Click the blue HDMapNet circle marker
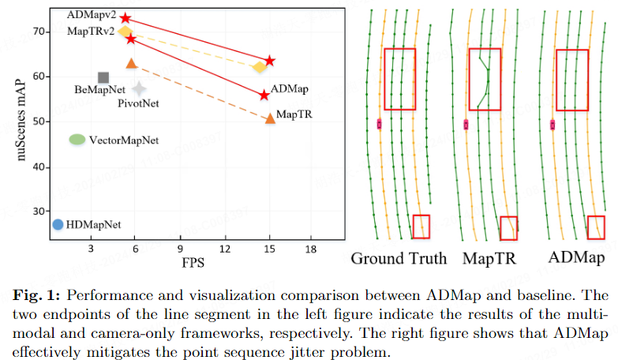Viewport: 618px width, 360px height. click(x=57, y=224)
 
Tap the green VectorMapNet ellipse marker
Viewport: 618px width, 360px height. click(x=77, y=140)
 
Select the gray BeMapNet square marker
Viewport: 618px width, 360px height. click(x=103, y=77)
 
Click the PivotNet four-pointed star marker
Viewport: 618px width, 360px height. click(x=139, y=88)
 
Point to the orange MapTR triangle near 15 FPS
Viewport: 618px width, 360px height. click(x=270, y=118)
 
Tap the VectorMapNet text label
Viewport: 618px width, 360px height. click(x=124, y=140)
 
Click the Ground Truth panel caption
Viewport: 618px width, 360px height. click(x=399, y=258)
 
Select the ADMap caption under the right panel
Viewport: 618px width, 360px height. click(x=577, y=258)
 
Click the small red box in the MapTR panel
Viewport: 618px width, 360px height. click(x=509, y=227)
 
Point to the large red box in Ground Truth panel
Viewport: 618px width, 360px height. click(x=399, y=79)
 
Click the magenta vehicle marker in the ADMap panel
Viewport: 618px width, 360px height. click(x=552, y=124)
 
